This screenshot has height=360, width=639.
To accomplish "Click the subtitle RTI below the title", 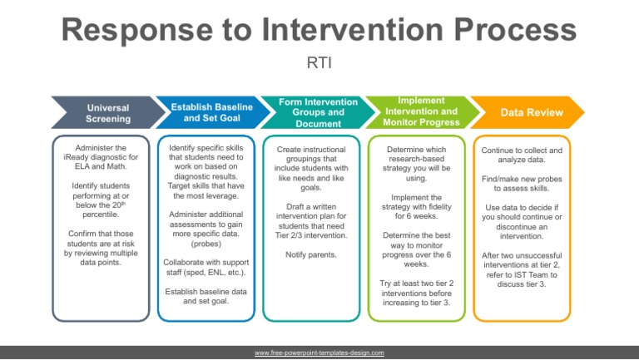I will coord(319,62).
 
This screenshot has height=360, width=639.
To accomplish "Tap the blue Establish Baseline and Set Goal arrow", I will coord(211,113).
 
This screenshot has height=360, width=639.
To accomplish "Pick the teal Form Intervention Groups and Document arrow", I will coord(317,113).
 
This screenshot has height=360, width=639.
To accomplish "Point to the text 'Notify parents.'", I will coord(311,254).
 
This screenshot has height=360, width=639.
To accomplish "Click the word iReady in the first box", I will coord(82,157).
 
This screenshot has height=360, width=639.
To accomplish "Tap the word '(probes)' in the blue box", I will coord(211,244).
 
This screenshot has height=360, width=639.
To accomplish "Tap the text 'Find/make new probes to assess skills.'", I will coord(523,185).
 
